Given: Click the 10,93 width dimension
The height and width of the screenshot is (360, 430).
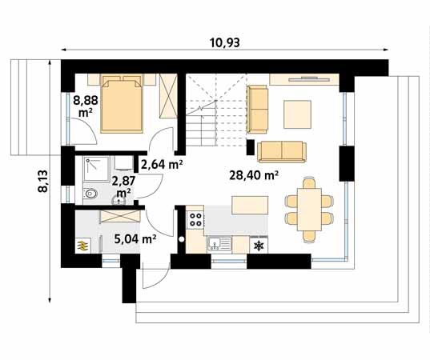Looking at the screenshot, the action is (x=225, y=42).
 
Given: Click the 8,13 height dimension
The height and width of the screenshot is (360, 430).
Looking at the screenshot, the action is (x=42, y=181).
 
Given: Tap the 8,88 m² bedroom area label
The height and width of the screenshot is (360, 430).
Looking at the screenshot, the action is (x=86, y=106).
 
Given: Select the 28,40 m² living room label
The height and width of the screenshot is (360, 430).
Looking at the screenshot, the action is (x=254, y=175).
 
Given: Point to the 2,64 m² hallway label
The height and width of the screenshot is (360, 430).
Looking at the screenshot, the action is (x=162, y=164).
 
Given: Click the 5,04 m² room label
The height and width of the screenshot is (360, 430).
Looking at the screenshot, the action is (x=135, y=239).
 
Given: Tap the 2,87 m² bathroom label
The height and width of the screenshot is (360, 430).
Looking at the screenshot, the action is (x=123, y=187).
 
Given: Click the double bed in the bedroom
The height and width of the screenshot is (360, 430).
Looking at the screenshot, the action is (x=122, y=103).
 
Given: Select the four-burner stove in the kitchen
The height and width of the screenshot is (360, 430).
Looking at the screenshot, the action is (x=195, y=219).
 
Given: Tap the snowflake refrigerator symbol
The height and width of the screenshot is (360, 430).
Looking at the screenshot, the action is (x=259, y=246).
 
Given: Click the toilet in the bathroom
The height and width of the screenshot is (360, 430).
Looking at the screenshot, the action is (x=90, y=194).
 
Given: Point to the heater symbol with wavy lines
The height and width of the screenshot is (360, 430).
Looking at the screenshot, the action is (x=83, y=246).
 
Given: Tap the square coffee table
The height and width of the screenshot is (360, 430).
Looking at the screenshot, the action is (x=298, y=114).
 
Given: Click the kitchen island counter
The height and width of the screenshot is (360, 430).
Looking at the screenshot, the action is (x=250, y=205).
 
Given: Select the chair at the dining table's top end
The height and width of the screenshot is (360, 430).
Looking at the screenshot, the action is (x=309, y=183).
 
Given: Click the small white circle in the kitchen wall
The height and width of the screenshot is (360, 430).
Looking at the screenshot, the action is (x=182, y=239).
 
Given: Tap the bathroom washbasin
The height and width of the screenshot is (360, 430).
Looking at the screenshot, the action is (x=119, y=201).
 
